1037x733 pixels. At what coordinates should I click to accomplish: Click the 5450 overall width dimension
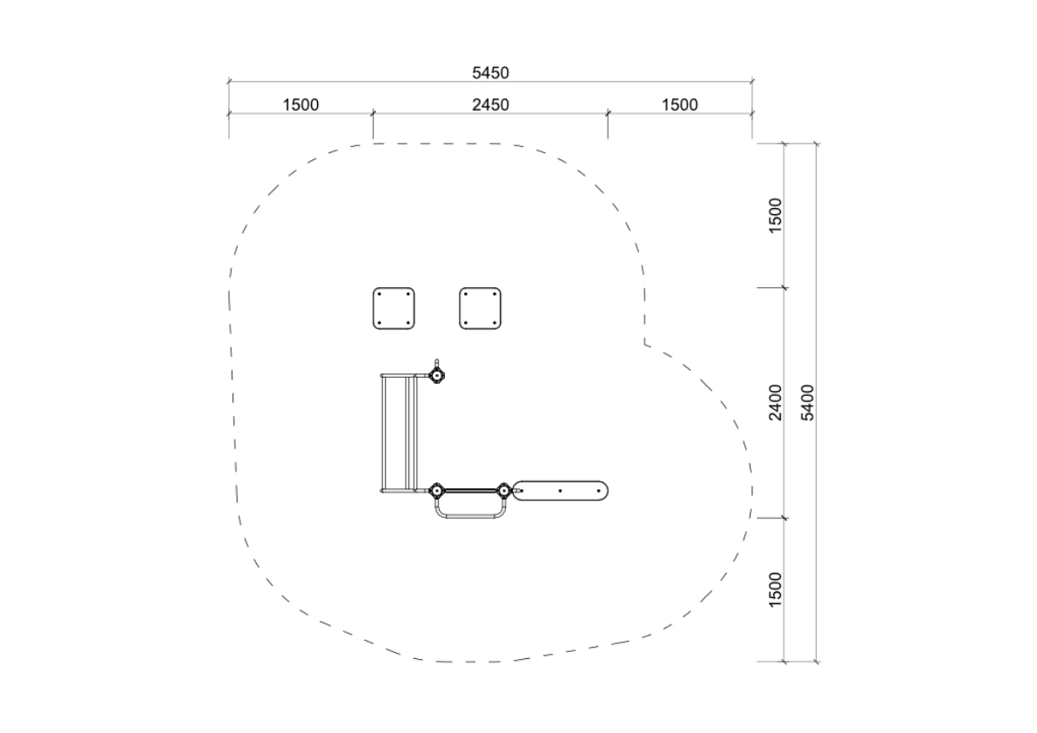490,73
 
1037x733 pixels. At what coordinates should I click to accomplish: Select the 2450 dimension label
490,104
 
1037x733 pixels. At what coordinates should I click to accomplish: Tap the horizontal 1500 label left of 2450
300,104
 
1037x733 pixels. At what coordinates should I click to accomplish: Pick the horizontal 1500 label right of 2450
679,104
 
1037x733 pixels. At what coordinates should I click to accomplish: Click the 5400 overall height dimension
807,402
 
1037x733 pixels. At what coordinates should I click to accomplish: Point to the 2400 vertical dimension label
775,402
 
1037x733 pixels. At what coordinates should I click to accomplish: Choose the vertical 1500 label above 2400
775,215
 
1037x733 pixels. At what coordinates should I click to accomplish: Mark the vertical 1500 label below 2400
775,589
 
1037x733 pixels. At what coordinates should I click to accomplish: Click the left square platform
394,308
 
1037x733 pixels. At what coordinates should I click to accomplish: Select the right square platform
480,308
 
